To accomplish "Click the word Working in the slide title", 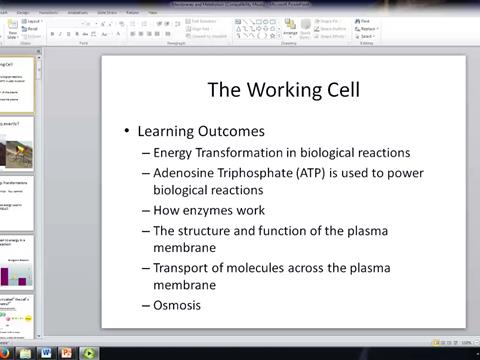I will (x=283, y=90).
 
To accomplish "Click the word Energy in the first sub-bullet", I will (x=177, y=153).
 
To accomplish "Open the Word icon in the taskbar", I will (x=46, y=352).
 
